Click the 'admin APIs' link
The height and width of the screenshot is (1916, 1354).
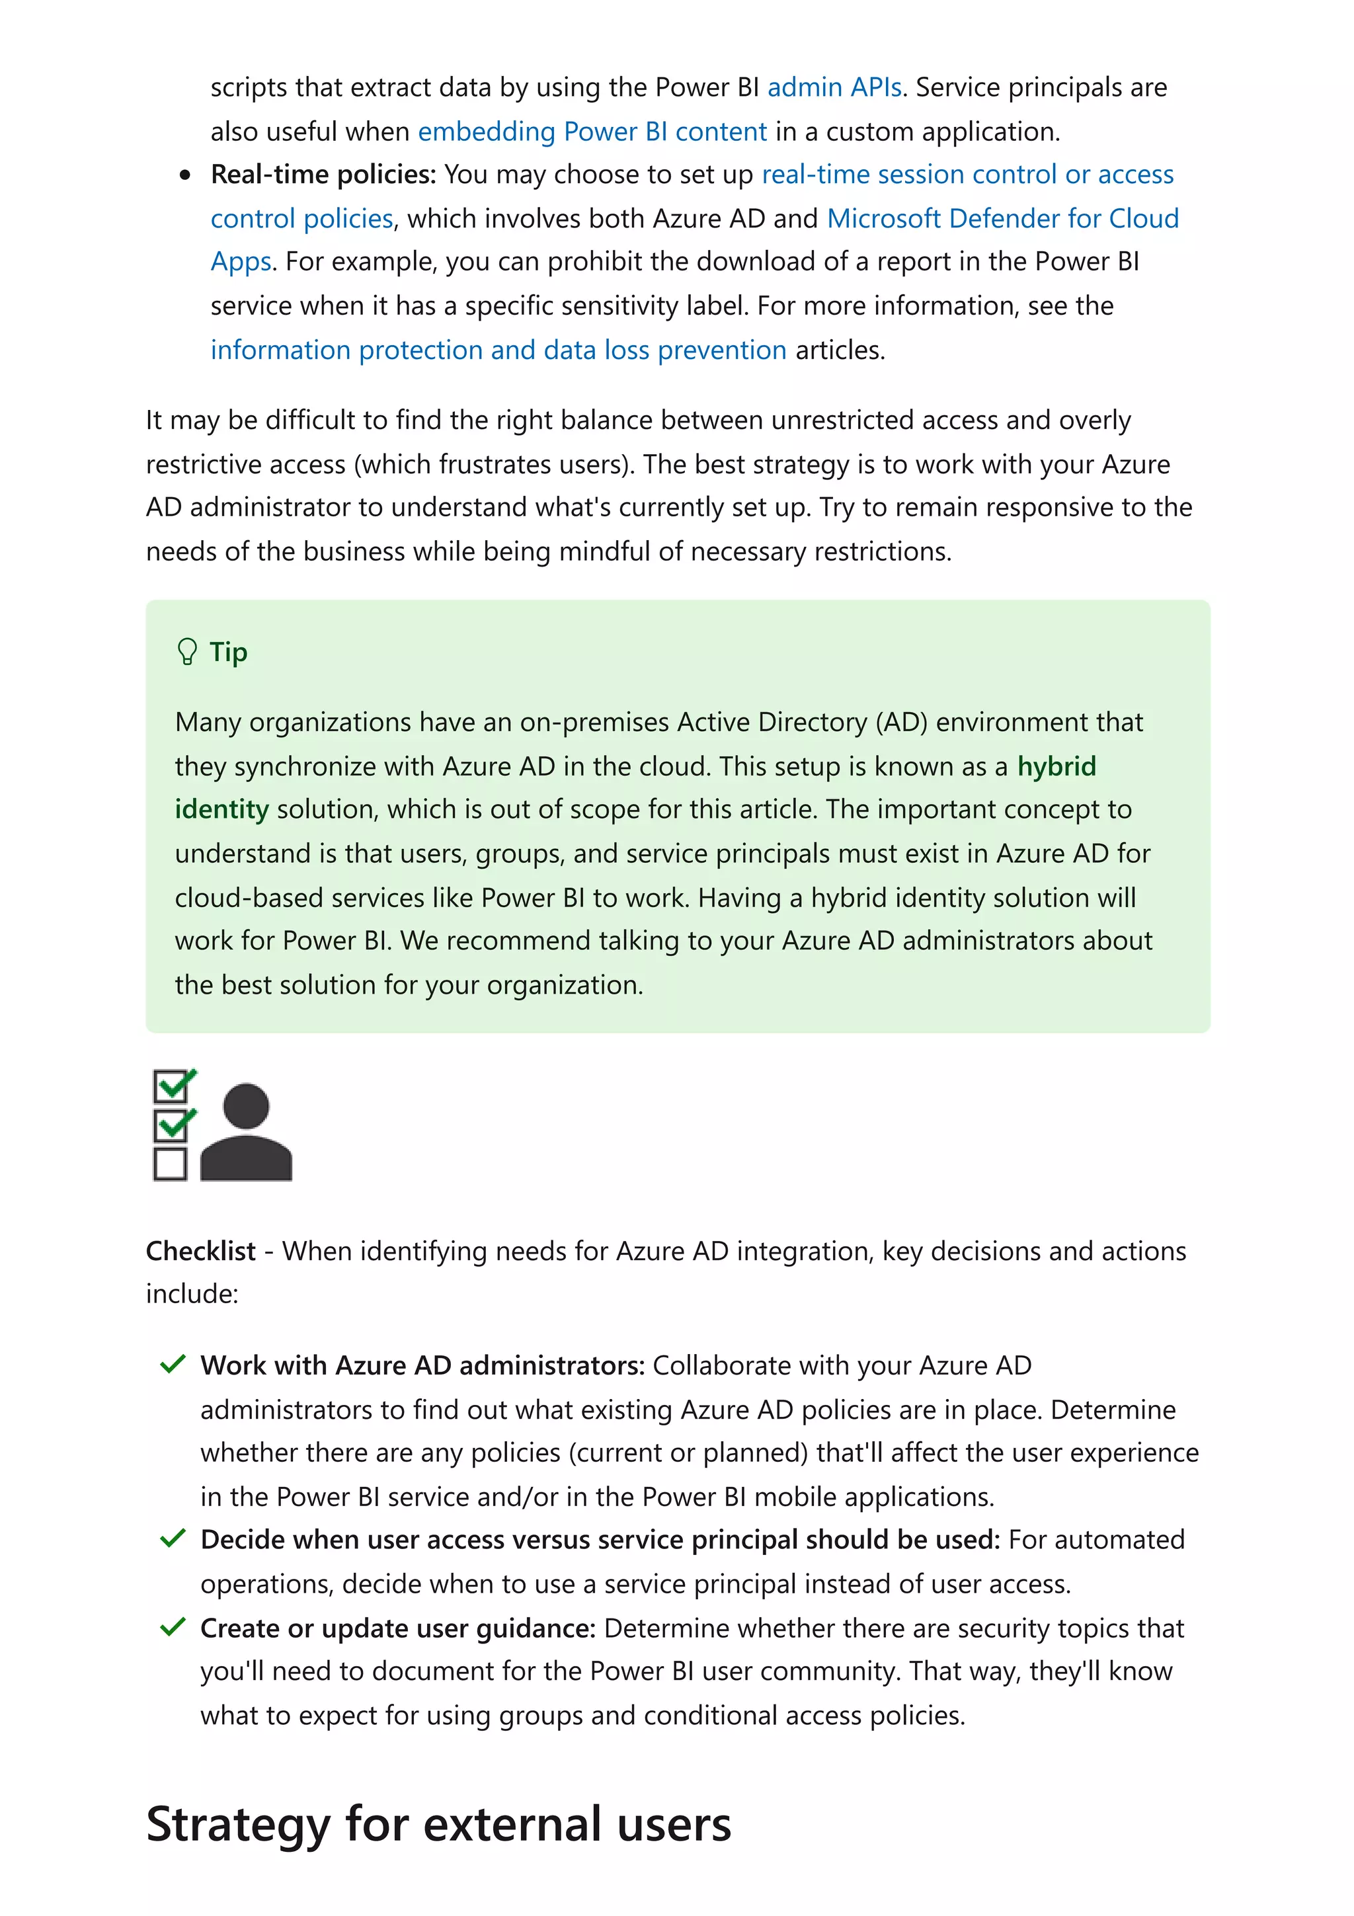pyautogui.click(x=834, y=88)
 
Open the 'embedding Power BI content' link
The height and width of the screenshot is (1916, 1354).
pyautogui.click(x=592, y=132)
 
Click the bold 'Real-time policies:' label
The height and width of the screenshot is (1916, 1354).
pyautogui.click(x=323, y=175)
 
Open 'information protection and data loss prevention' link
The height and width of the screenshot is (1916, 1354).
pyautogui.click(x=498, y=350)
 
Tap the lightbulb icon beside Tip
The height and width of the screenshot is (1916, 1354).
pyautogui.click(x=187, y=652)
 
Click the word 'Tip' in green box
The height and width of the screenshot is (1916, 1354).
pyautogui.click(x=227, y=652)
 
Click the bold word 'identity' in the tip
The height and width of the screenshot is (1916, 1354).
pyautogui.click(x=221, y=809)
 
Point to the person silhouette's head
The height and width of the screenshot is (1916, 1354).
pyautogui.click(x=246, y=1107)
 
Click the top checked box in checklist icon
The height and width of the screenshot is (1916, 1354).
pyautogui.click(x=172, y=1086)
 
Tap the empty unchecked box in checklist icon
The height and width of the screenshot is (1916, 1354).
pyautogui.click(x=170, y=1164)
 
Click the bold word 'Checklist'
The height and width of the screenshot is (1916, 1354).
pyautogui.click(x=200, y=1251)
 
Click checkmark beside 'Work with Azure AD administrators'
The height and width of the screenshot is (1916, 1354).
pyautogui.click(x=172, y=1365)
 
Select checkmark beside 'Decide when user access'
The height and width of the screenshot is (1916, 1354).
pyautogui.click(x=172, y=1538)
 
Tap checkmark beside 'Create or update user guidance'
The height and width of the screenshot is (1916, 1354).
pyautogui.click(x=172, y=1627)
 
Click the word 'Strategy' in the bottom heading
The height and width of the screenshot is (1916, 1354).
pyautogui.click(x=238, y=1824)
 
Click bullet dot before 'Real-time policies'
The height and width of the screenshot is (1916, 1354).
pyautogui.click(x=185, y=175)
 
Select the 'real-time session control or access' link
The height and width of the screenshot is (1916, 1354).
pyautogui.click(x=967, y=175)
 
